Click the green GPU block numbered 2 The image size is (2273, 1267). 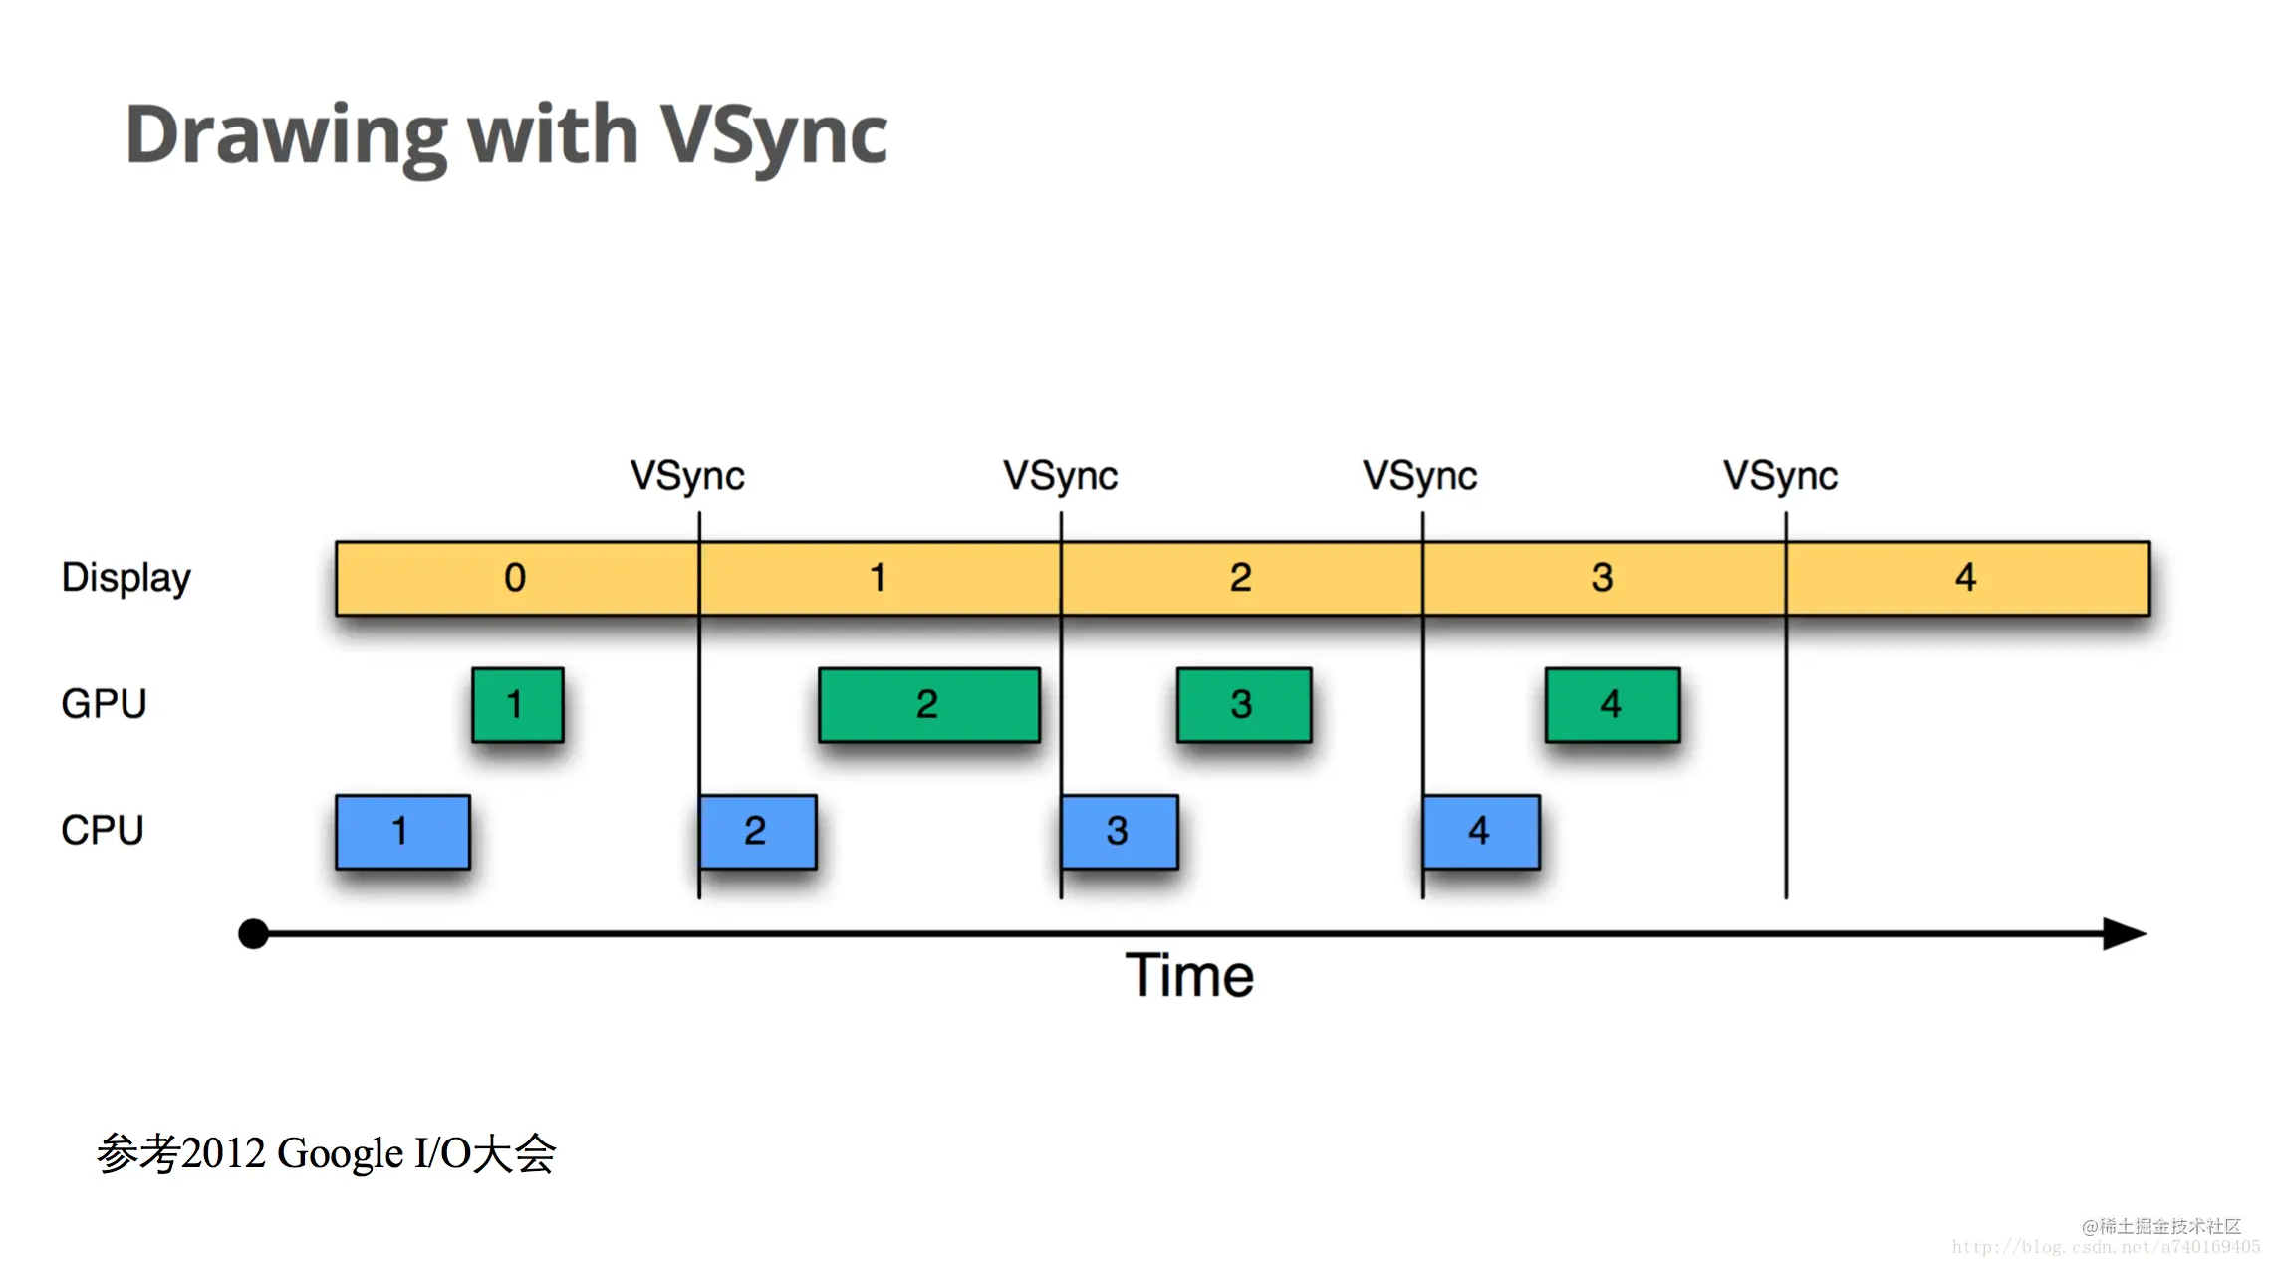pyautogui.click(x=928, y=705)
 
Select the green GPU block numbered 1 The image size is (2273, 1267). pyautogui.click(x=517, y=705)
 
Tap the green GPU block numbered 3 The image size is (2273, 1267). pyautogui.click(x=1243, y=705)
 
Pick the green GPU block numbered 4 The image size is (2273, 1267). pyautogui.click(x=1612, y=705)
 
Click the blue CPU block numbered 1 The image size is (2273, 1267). pyautogui.click(x=402, y=832)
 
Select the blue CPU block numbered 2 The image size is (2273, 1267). pyautogui.click(x=757, y=832)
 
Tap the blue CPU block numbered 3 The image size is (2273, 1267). pyautogui.click(x=1120, y=832)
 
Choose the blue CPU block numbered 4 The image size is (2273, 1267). pyautogui.click(x=1481, y=832)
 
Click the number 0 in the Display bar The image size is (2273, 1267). pyautogui.click(x=515, y=578)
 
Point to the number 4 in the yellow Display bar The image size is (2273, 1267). pyautogui.click(x=1965, y=578)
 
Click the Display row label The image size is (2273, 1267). pyautogui.click(x=126, y=578)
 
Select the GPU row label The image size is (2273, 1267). pyautogui.click(x=104, y=704)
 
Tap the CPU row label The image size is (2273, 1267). pyautogui.click(x=103, y=830)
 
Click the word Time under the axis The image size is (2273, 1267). pyautogui.click(x=1189, y=975)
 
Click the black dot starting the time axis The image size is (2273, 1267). pyautogui.click(x=254, y=933)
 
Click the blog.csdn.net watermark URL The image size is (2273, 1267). pyautogui.click(x=2106, y=1247)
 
